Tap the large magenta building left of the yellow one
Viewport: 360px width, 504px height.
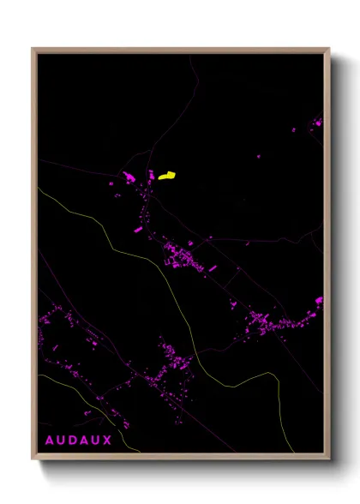click(x=129, y=177)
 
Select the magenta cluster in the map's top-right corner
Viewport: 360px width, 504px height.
click(x=316, y=123)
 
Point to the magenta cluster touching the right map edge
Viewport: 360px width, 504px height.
click(x=319, y=301)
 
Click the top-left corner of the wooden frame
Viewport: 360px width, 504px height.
click(x=33, y=49)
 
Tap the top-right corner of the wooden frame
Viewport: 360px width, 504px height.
click(x=328, y=49)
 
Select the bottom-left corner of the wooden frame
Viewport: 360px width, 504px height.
click(x=33, y=459)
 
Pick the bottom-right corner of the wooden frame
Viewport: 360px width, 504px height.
click(x=328, y=459)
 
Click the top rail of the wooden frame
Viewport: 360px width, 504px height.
click(x=180, y=50)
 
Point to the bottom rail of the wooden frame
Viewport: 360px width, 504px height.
click(x=180, y=458)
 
